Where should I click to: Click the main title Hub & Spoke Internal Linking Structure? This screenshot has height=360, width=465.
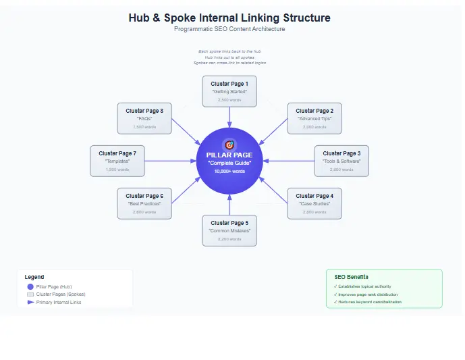[x=229, y=18]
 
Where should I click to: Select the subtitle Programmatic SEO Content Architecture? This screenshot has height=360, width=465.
[x=229, y=29]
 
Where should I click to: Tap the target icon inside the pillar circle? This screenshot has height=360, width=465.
[x=229, y=145]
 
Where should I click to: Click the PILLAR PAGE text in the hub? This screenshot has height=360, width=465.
[x=229, y=155]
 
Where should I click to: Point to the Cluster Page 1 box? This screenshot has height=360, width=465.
[x=229, y=91]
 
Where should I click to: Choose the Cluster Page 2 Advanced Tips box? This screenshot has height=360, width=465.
[x=314, y=118]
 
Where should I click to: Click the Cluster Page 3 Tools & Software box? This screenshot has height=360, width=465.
[x=341, y=161]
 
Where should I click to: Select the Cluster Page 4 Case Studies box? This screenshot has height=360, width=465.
[x=314, y=203]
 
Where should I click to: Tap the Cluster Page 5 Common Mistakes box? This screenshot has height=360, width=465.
[x=229, y=230]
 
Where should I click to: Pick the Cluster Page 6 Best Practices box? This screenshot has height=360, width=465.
[x=144, y=203]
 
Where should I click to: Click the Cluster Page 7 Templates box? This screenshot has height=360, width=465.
[x=117, y=161]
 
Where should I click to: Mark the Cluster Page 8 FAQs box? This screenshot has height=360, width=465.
[x=144, y=118]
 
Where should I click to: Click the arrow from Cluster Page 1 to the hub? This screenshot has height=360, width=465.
[x=229, y=116]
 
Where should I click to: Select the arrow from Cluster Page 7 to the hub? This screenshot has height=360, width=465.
[x=169, y=161]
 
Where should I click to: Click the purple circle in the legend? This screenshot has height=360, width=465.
[x=30, y=286]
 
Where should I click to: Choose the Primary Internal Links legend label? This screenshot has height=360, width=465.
[x=59, y=302]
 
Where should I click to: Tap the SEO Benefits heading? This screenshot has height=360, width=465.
[x=351, y=277]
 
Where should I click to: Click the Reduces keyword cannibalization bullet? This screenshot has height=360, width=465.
[x=369, y=302]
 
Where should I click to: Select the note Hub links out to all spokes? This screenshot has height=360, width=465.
[x=229, y=57]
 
